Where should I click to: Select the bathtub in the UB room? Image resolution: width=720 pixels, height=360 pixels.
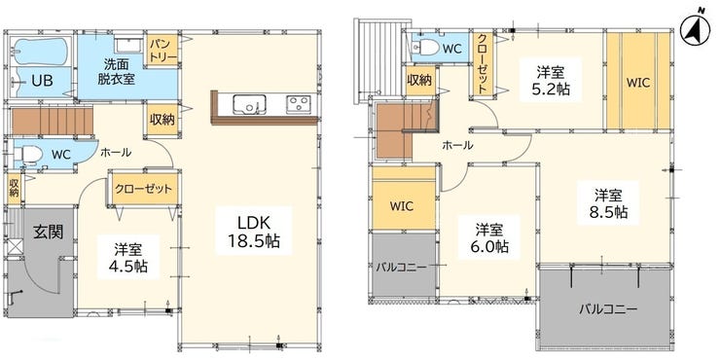pos(41,51)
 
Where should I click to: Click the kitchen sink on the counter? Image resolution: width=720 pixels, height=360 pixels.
pos(249,104)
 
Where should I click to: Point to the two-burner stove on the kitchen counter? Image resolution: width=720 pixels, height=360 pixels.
pos(299,104)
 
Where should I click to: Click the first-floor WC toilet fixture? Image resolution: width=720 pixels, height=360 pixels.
pos(28,156)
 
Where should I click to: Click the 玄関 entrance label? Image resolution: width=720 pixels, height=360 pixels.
pos(48,232)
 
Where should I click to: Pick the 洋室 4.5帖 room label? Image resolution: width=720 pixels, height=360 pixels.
pos(131,258)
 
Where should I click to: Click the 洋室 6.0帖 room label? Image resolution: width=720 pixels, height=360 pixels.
pos(489,237)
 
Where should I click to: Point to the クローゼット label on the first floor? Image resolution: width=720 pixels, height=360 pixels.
pos(144,189)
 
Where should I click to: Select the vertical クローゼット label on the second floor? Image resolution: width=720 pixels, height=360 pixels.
pos(483,64)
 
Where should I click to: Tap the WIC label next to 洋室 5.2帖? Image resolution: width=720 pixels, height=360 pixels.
pos(638,83)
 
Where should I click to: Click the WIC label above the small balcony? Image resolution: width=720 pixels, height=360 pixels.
pos(402,205)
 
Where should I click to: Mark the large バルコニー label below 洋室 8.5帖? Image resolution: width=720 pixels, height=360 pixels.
pos(607,308)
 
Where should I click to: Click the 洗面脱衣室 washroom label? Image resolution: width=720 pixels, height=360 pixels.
pos(116,72)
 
